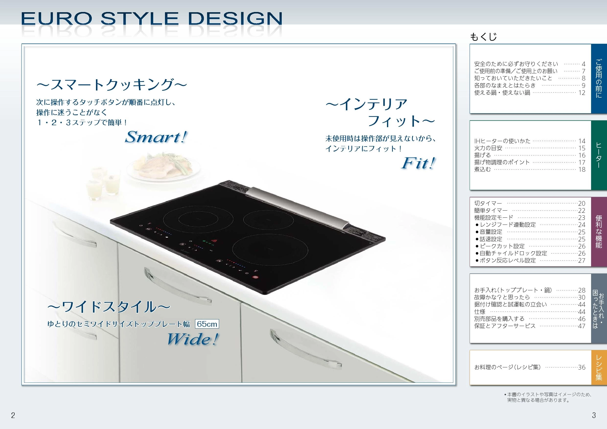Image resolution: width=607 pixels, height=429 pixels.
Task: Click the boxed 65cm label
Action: [x=207, y=324]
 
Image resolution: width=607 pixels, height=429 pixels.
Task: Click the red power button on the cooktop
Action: [x=255, y=277]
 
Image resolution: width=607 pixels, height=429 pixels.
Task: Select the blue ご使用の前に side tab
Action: [x=599, y=79]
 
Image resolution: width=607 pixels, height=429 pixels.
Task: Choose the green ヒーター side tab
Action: [x=599, y=155]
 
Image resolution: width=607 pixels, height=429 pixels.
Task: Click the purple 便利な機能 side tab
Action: [x=599, y=232]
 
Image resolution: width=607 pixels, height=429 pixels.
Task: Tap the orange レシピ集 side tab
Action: [x=599, y=367]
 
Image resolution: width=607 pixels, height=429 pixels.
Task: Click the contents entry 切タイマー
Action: [x=488, y=203]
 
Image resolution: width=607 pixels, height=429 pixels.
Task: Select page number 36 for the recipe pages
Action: [x=582, y=367]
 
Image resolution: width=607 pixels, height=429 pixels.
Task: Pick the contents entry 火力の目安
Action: [x=488, y=148]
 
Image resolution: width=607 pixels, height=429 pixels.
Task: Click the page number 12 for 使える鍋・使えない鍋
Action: [x=582, y=93]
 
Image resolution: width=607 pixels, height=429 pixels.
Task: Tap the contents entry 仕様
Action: [x=480, y=312]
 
